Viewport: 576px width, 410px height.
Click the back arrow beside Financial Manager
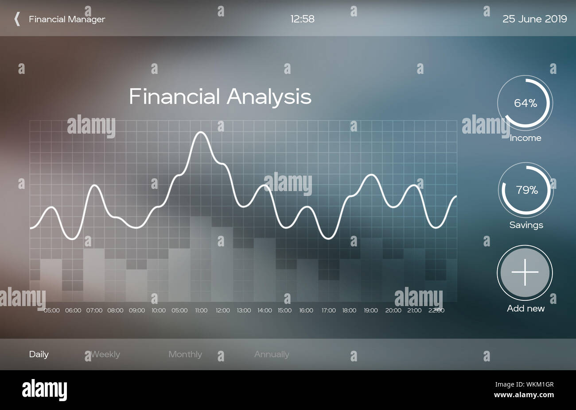[x=17, y=19]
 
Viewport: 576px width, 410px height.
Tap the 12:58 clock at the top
[x=302, y=19]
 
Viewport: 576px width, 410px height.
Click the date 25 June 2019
[x=534, y=19]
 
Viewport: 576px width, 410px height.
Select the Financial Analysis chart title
[x=220, y=96]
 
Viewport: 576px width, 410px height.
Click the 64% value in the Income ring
[x=525, y=103]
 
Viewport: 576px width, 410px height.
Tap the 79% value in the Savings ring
[x=526, y=190]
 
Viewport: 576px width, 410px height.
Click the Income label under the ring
[x=525, y=138]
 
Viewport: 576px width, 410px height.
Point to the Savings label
[x=526, y=225]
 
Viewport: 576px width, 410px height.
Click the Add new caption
[x=525, y=308]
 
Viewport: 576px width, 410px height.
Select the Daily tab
[x=39, y=354]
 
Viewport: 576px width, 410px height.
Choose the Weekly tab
[x=105, y=354]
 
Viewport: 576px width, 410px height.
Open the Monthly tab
[x=185, y=354]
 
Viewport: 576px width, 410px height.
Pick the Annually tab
[x=272, y=354]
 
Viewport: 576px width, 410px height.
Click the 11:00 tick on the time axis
[x=201, y=310]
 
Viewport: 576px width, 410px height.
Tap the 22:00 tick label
[x=436, y=310]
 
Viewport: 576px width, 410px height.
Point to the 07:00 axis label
[x=94, y=310]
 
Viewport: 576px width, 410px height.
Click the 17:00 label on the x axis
[x=328, y=310]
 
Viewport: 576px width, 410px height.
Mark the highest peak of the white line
[x=201, y=132]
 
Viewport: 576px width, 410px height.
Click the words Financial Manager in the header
[x=67, y=19]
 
